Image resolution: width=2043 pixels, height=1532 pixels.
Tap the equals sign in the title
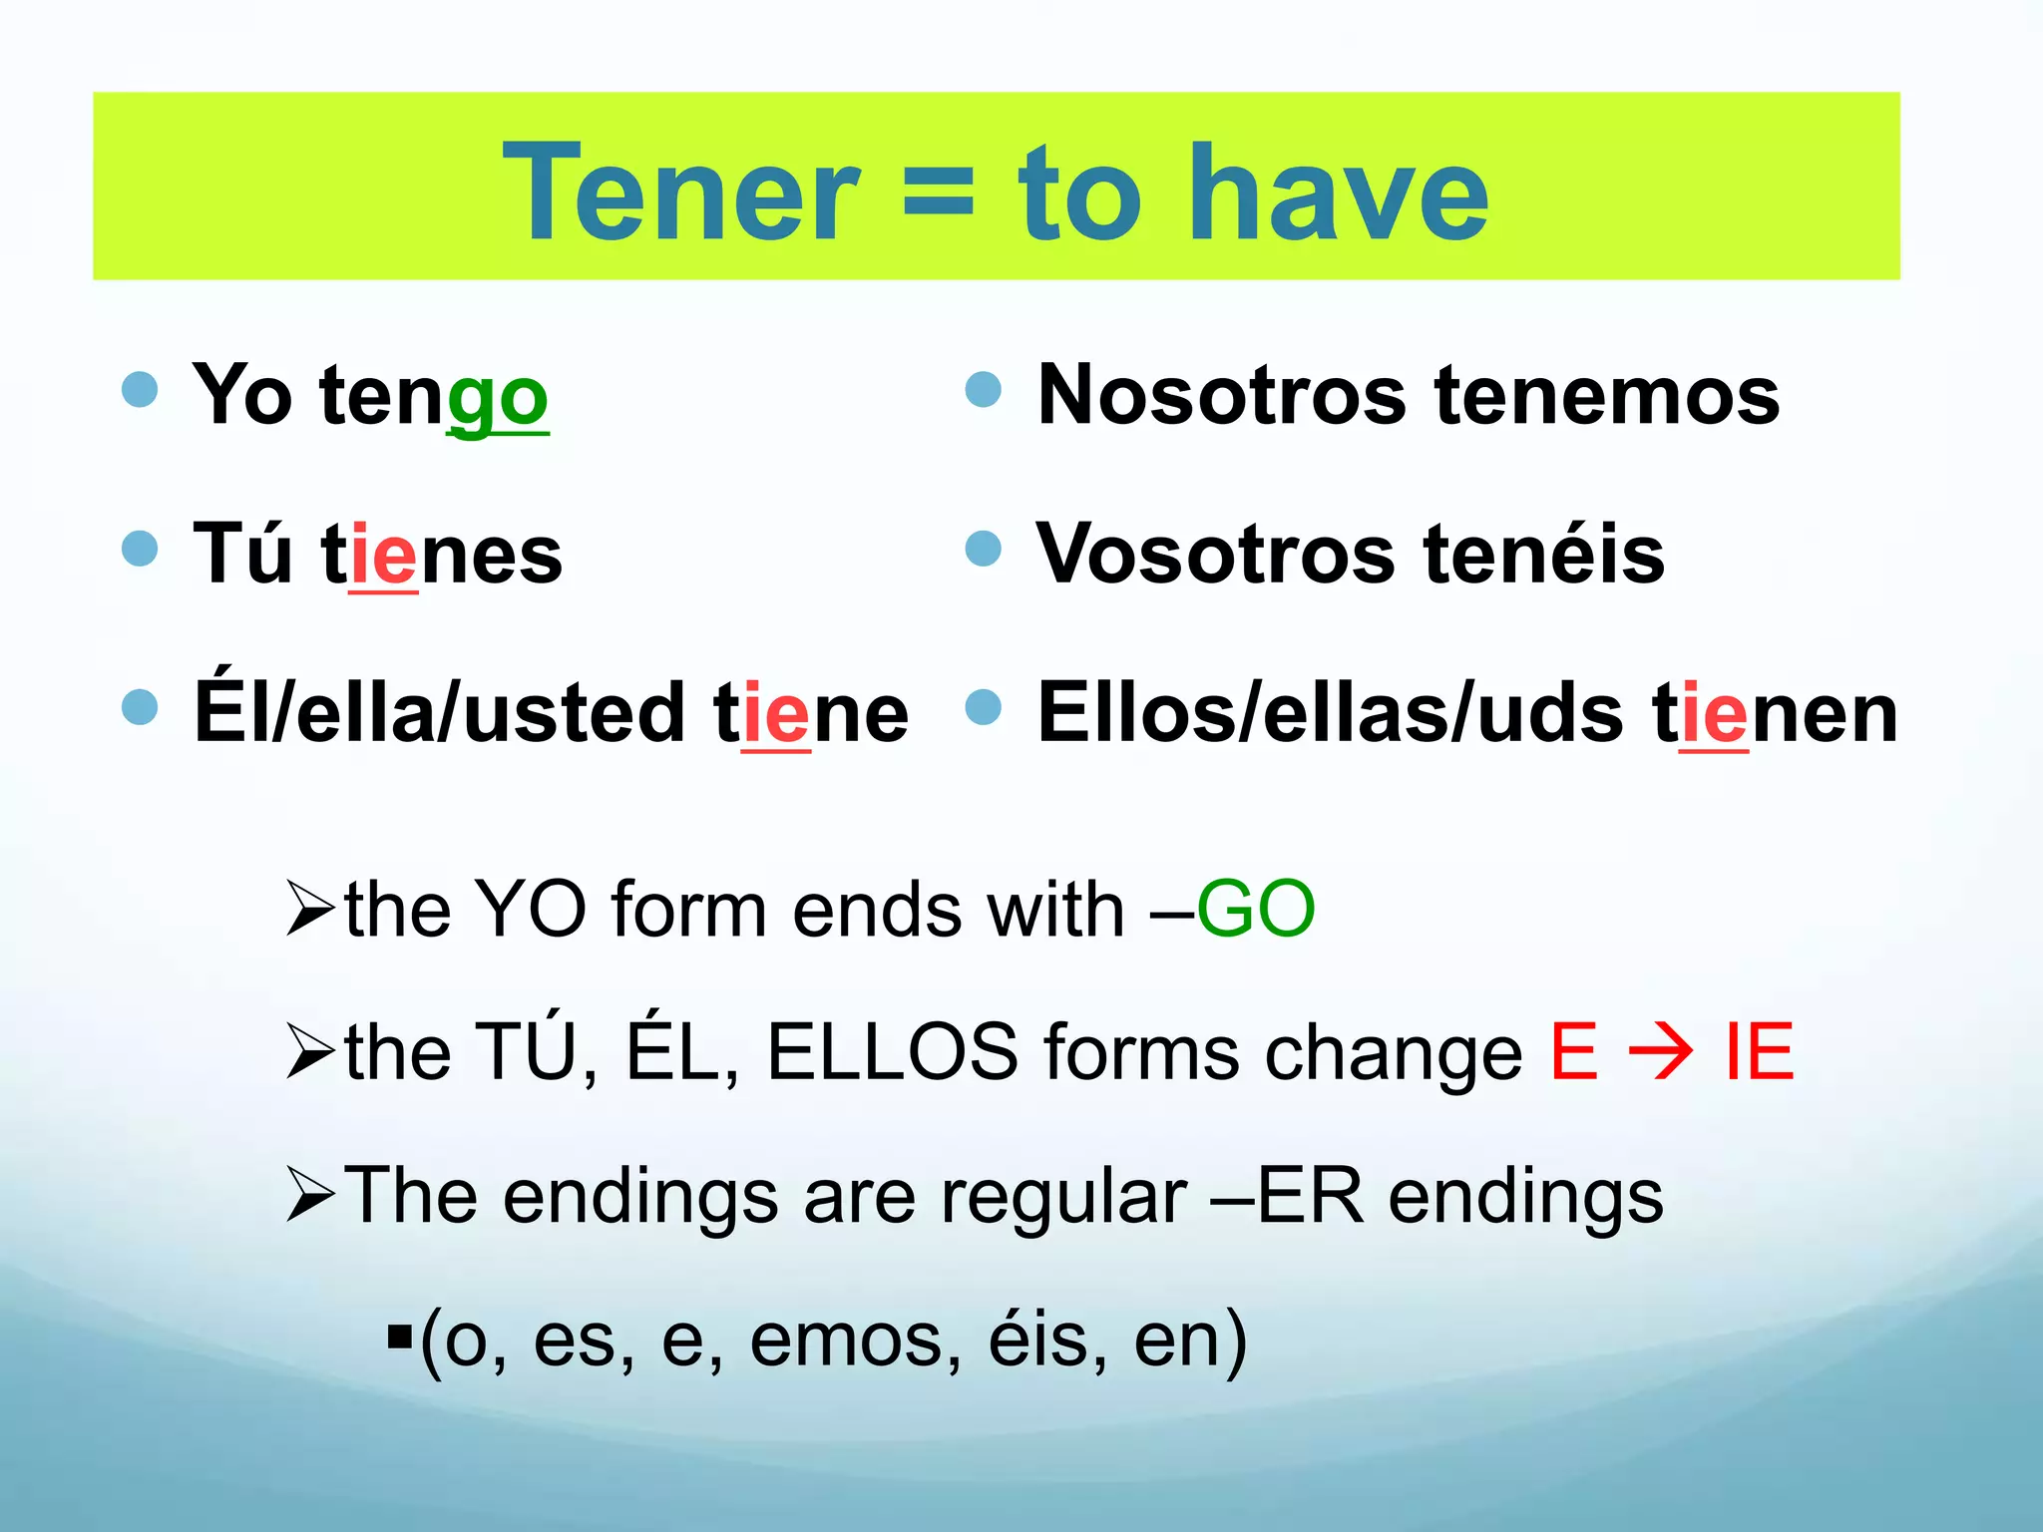click(937, 193)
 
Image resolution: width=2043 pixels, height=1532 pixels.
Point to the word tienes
click(442, 555)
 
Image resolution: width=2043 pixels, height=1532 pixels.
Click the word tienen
click(1776, 713)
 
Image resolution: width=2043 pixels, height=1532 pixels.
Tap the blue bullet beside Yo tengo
click(140, 389)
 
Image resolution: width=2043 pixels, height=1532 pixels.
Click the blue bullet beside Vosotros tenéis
click(984, 548)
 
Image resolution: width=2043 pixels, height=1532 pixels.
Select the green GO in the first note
click(1255, 909)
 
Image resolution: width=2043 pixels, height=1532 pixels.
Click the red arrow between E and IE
click(1660, 1051)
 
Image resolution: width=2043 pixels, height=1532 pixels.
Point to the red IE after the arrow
click(1760, 1051)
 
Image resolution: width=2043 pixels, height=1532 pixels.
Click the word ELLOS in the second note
click(892, 1051)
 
